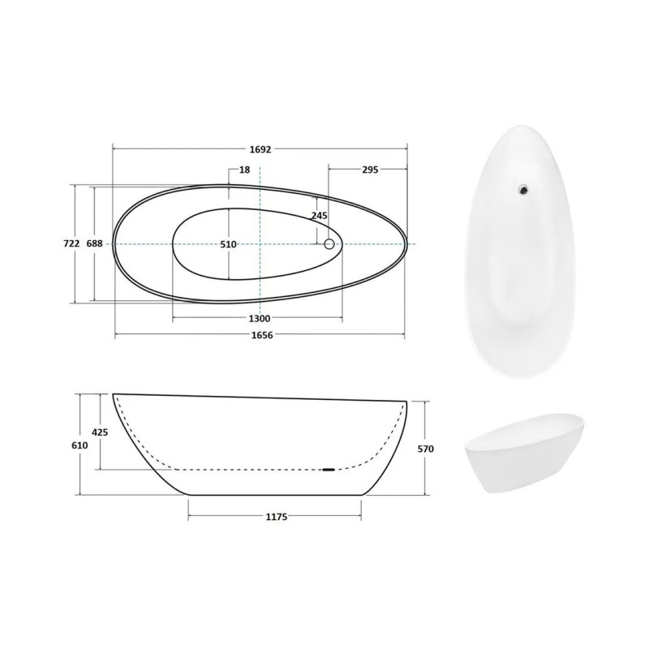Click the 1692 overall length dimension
260,149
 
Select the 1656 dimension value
262,335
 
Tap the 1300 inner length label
260,318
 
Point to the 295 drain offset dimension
370,170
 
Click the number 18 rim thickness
245,170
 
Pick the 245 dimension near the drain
320,215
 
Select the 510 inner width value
228,245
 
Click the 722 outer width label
71,244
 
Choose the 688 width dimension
94,244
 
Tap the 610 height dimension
80,445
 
